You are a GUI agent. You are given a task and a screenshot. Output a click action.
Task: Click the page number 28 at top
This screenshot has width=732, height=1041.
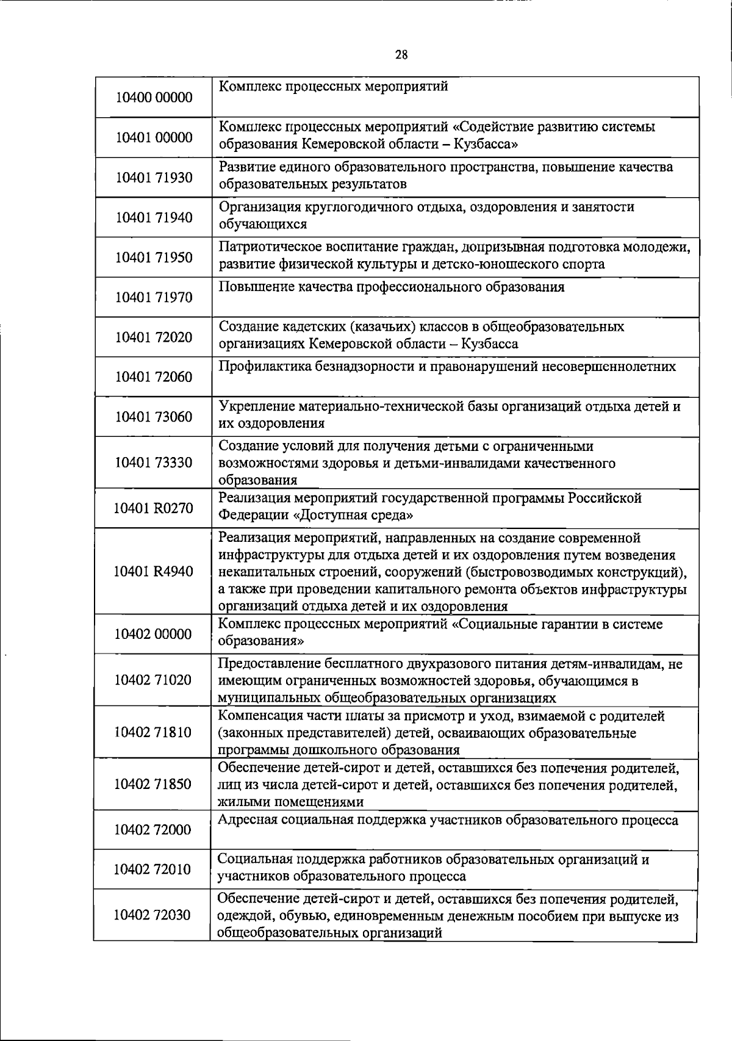(401, 55)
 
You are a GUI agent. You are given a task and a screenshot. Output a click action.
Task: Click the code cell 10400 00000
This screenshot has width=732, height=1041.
(154, 98)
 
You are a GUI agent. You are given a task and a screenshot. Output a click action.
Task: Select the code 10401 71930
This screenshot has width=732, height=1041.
(154, 178)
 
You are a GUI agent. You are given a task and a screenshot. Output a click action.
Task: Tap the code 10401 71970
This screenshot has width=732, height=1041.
(154, 297)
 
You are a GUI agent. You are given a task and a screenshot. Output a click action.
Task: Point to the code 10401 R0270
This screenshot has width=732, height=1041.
(154, 508)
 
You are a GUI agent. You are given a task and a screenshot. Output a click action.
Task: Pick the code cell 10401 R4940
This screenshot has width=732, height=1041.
(154, 571)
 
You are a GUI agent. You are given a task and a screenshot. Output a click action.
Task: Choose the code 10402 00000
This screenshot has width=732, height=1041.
(153, 634)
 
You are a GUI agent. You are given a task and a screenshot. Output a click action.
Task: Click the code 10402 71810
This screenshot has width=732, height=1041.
(153, 732)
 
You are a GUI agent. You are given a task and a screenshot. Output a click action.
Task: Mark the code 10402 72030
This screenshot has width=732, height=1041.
(153, 915)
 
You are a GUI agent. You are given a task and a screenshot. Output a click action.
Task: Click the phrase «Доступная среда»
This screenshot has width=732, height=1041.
(353, 516)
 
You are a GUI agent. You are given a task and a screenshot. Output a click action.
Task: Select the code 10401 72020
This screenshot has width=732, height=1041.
(154, 337)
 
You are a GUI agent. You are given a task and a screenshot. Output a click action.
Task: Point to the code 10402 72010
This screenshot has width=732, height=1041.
(153, 869)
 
